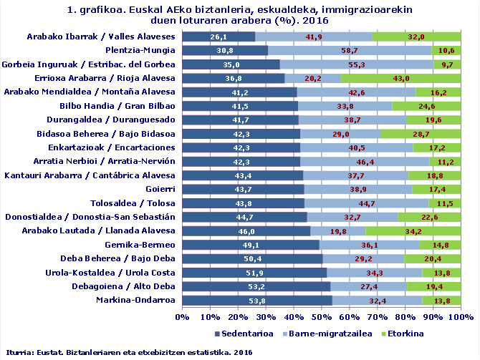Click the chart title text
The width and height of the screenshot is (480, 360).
click(239, 16)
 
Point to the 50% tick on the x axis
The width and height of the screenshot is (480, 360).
click(322, 316)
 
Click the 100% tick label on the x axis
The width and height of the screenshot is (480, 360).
click(461, 316)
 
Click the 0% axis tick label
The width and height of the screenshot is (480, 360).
click(182, 316)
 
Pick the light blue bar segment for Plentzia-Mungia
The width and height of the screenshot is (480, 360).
click(350, 50)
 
